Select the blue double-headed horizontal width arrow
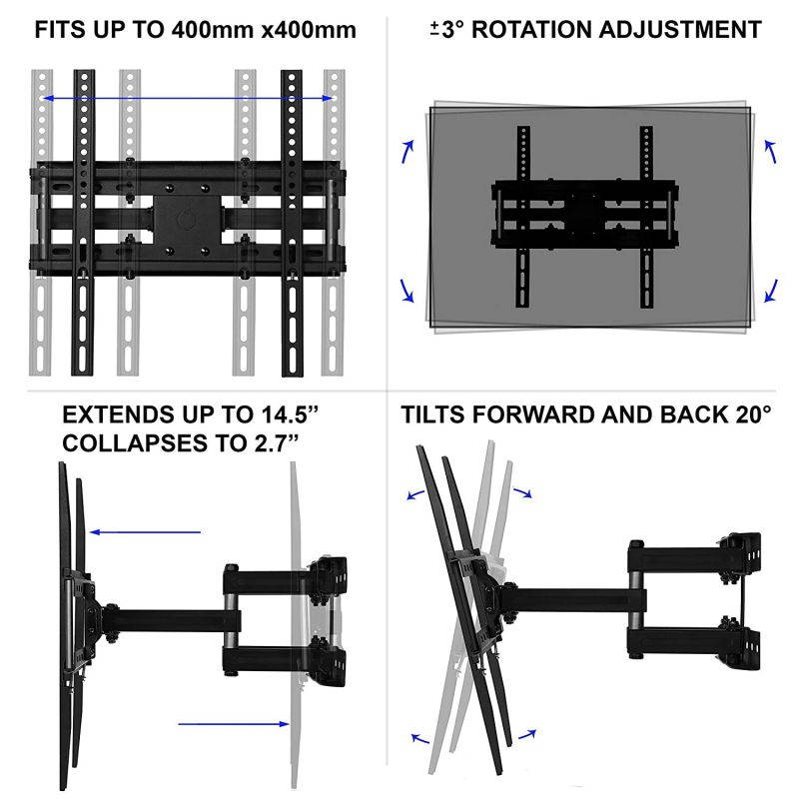(x=187, y=98)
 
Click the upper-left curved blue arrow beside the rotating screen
(x=407, y=151)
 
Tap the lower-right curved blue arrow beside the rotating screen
(x=770, y=290)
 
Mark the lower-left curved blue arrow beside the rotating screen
(x=407, y=290)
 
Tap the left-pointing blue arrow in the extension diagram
(x=144, y=532)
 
